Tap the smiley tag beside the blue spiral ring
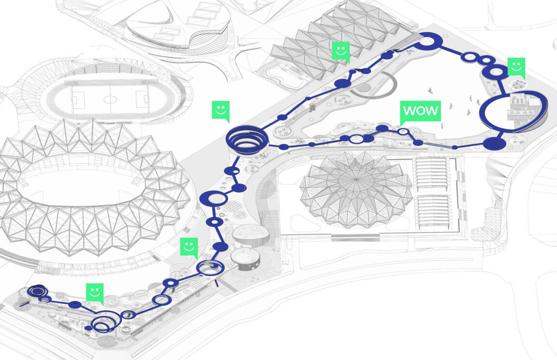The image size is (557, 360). tap(220, 111)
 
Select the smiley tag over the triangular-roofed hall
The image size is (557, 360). tap(341, 52)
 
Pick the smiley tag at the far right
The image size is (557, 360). tap(516, 68)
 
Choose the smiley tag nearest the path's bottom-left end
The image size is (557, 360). tap(95, 294)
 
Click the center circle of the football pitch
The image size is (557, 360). tap(110, 99)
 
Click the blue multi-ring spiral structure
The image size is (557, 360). tap(248, 139)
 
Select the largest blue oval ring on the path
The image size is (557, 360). tap(513, 112)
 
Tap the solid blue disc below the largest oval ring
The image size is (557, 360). tap(494, 144)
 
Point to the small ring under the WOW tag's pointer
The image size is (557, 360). tap(403, 131)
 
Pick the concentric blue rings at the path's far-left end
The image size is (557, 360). tap(37, 291)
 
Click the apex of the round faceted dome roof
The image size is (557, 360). tap(356, 179)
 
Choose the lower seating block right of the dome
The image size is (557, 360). tap(433, 212)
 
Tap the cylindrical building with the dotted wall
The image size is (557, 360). tap(245, 260)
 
